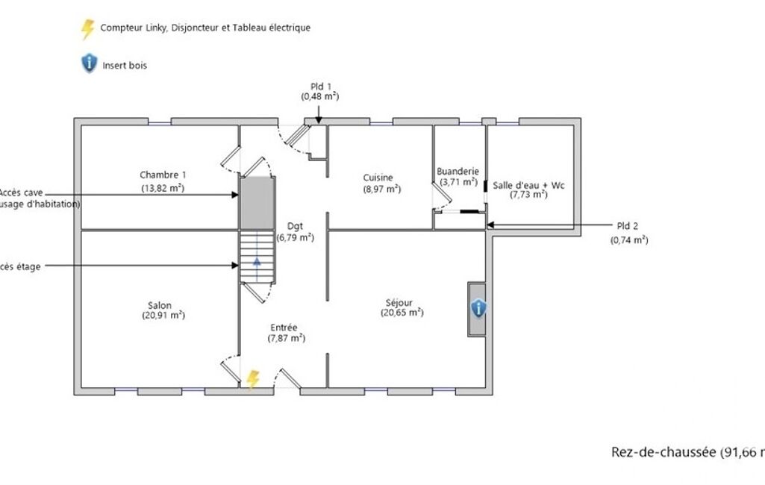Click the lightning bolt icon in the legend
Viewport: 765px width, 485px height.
point(88,28)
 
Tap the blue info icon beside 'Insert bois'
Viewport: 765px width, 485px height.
point(89,64)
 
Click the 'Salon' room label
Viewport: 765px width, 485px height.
point(160,305)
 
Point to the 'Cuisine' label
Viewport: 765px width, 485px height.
point(378,178)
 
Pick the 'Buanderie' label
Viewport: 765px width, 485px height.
point(458,171)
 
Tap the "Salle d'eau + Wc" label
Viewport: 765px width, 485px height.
point(528,185)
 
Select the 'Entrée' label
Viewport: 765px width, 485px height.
point(284,328)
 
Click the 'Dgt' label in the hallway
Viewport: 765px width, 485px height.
point(295,227)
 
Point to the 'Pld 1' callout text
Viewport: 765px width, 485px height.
point(321,87)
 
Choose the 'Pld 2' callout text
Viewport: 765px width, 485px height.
point(628,226)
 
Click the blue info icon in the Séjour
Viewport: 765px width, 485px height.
point(478,308)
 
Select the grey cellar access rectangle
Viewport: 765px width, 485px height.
point(257,202)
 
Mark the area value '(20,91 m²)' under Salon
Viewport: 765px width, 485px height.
point(163,316)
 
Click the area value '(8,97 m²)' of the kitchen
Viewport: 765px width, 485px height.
point(382,189)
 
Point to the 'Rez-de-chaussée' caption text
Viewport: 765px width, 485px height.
point(663,452)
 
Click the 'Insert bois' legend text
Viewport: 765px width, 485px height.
point(125,65)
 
